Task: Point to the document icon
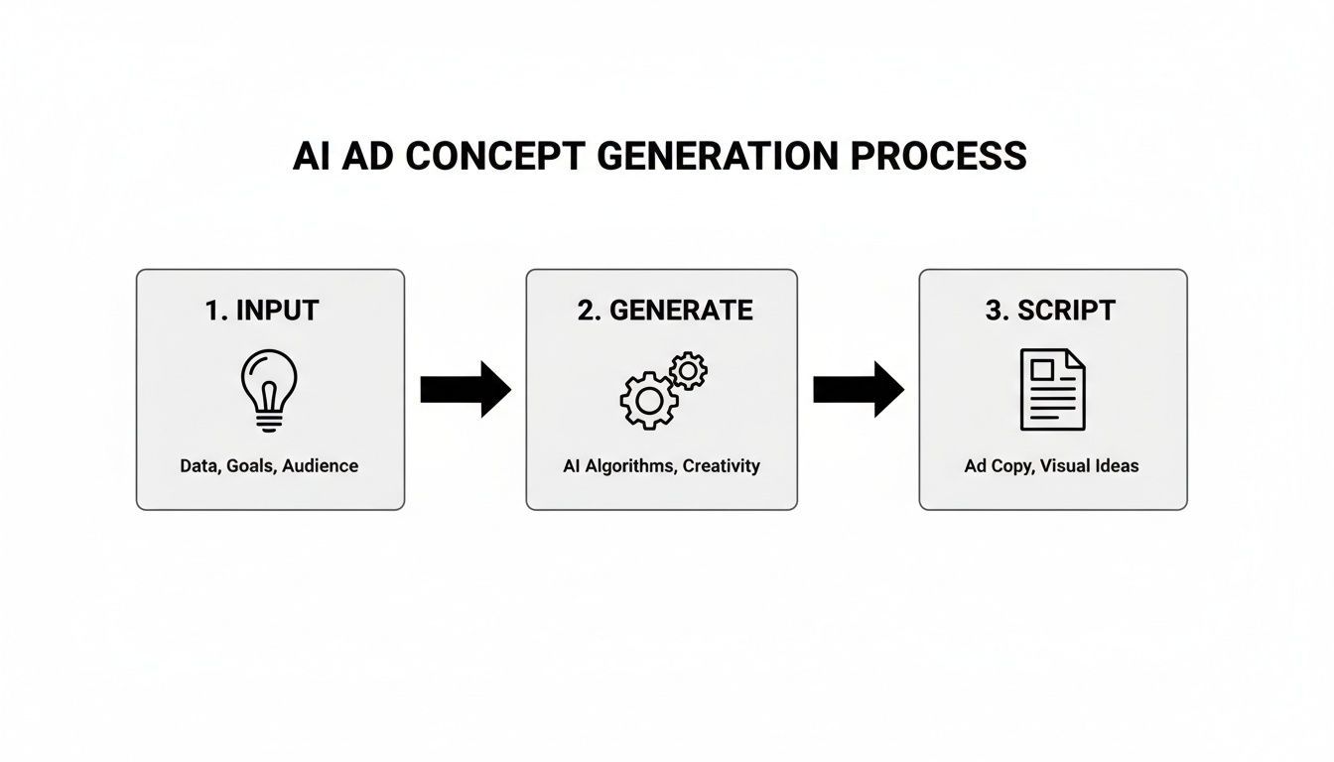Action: [x=1052, y=389]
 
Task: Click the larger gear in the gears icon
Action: [x=648, y=400]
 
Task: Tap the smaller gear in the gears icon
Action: [x=688, y=370]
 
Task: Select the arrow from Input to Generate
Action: [x=465, y=389]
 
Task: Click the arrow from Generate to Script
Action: [x=858, y=389]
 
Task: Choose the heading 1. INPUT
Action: [x=262, y=311]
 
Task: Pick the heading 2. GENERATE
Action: [x=664, y=311]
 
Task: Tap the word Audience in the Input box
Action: [x=321, y=465]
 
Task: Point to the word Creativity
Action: [x=723, y=465]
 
